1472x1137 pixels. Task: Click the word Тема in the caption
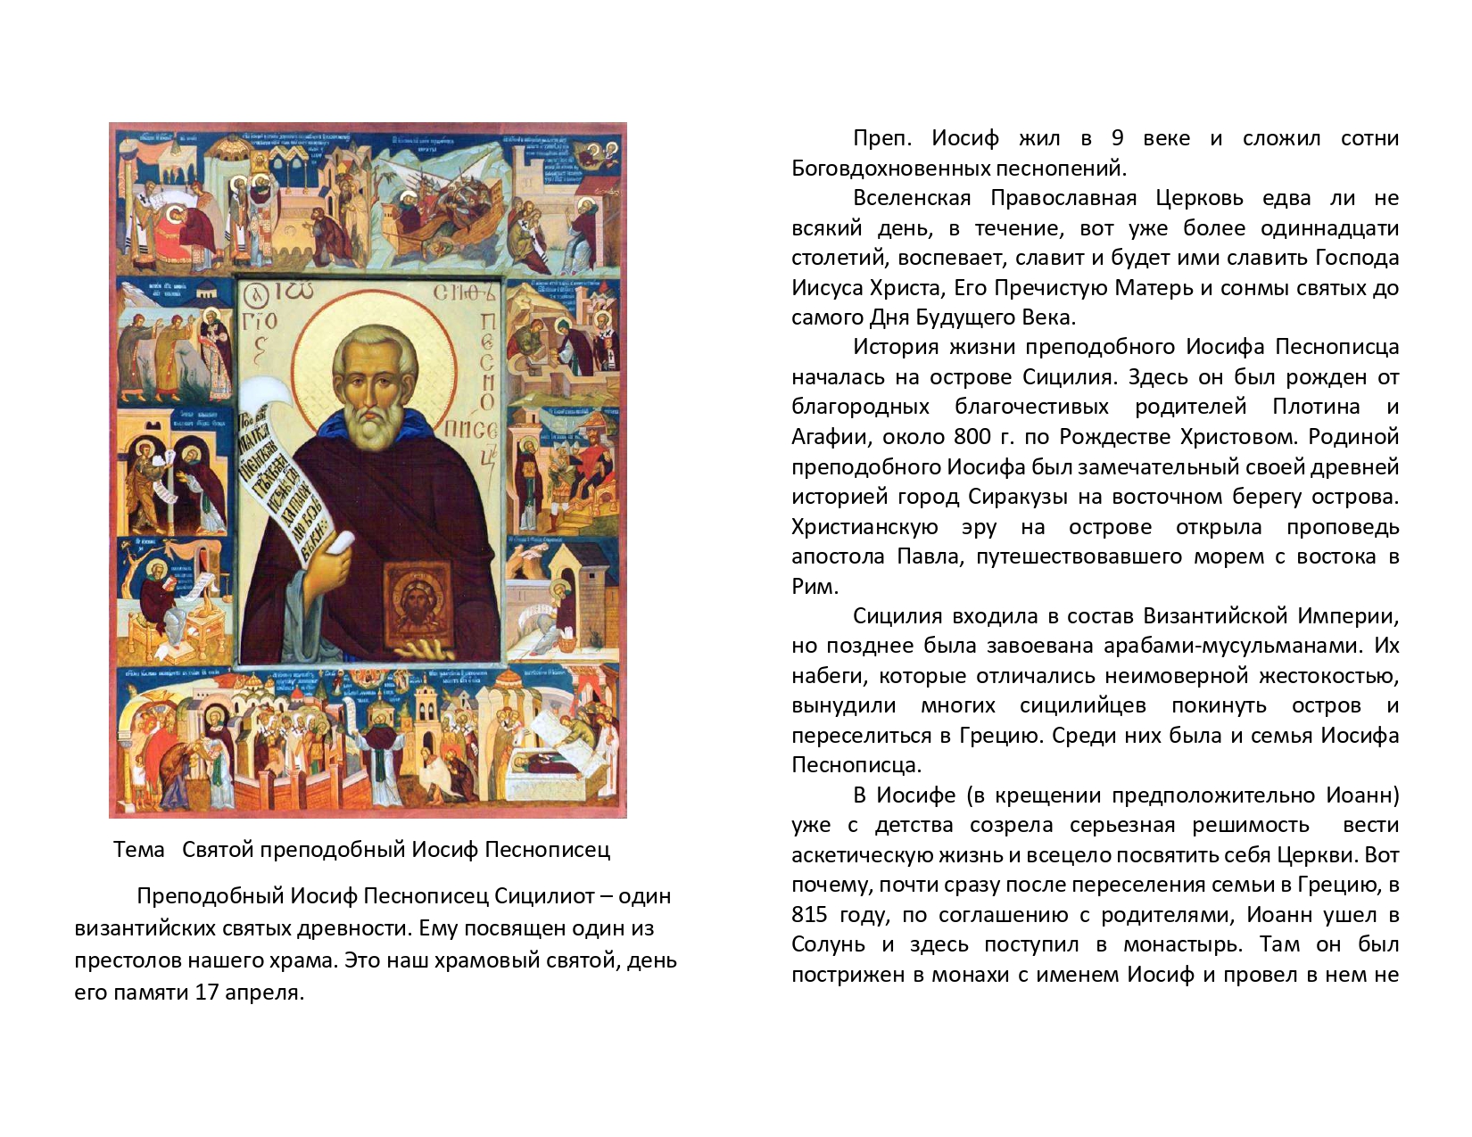coord(139,850)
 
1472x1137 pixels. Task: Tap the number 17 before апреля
coord(208,993)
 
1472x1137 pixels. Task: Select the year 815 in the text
coord(809,915)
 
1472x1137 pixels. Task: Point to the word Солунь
coord(828,944)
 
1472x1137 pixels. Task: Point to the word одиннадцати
coord(1329,228)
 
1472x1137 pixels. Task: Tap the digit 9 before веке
coord(1117,138)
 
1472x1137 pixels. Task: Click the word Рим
coord(815,587)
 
